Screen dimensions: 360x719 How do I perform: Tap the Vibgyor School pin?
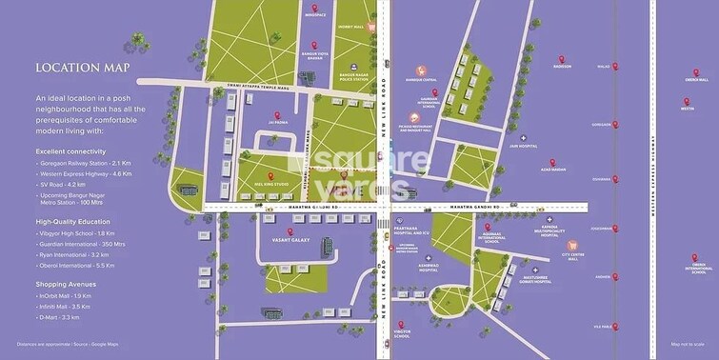coord(401,325)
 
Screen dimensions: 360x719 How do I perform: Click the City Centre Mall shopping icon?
coord(597,245)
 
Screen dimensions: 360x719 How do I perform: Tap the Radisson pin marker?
coord(562,55)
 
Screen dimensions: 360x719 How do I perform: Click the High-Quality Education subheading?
coord(77,222)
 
